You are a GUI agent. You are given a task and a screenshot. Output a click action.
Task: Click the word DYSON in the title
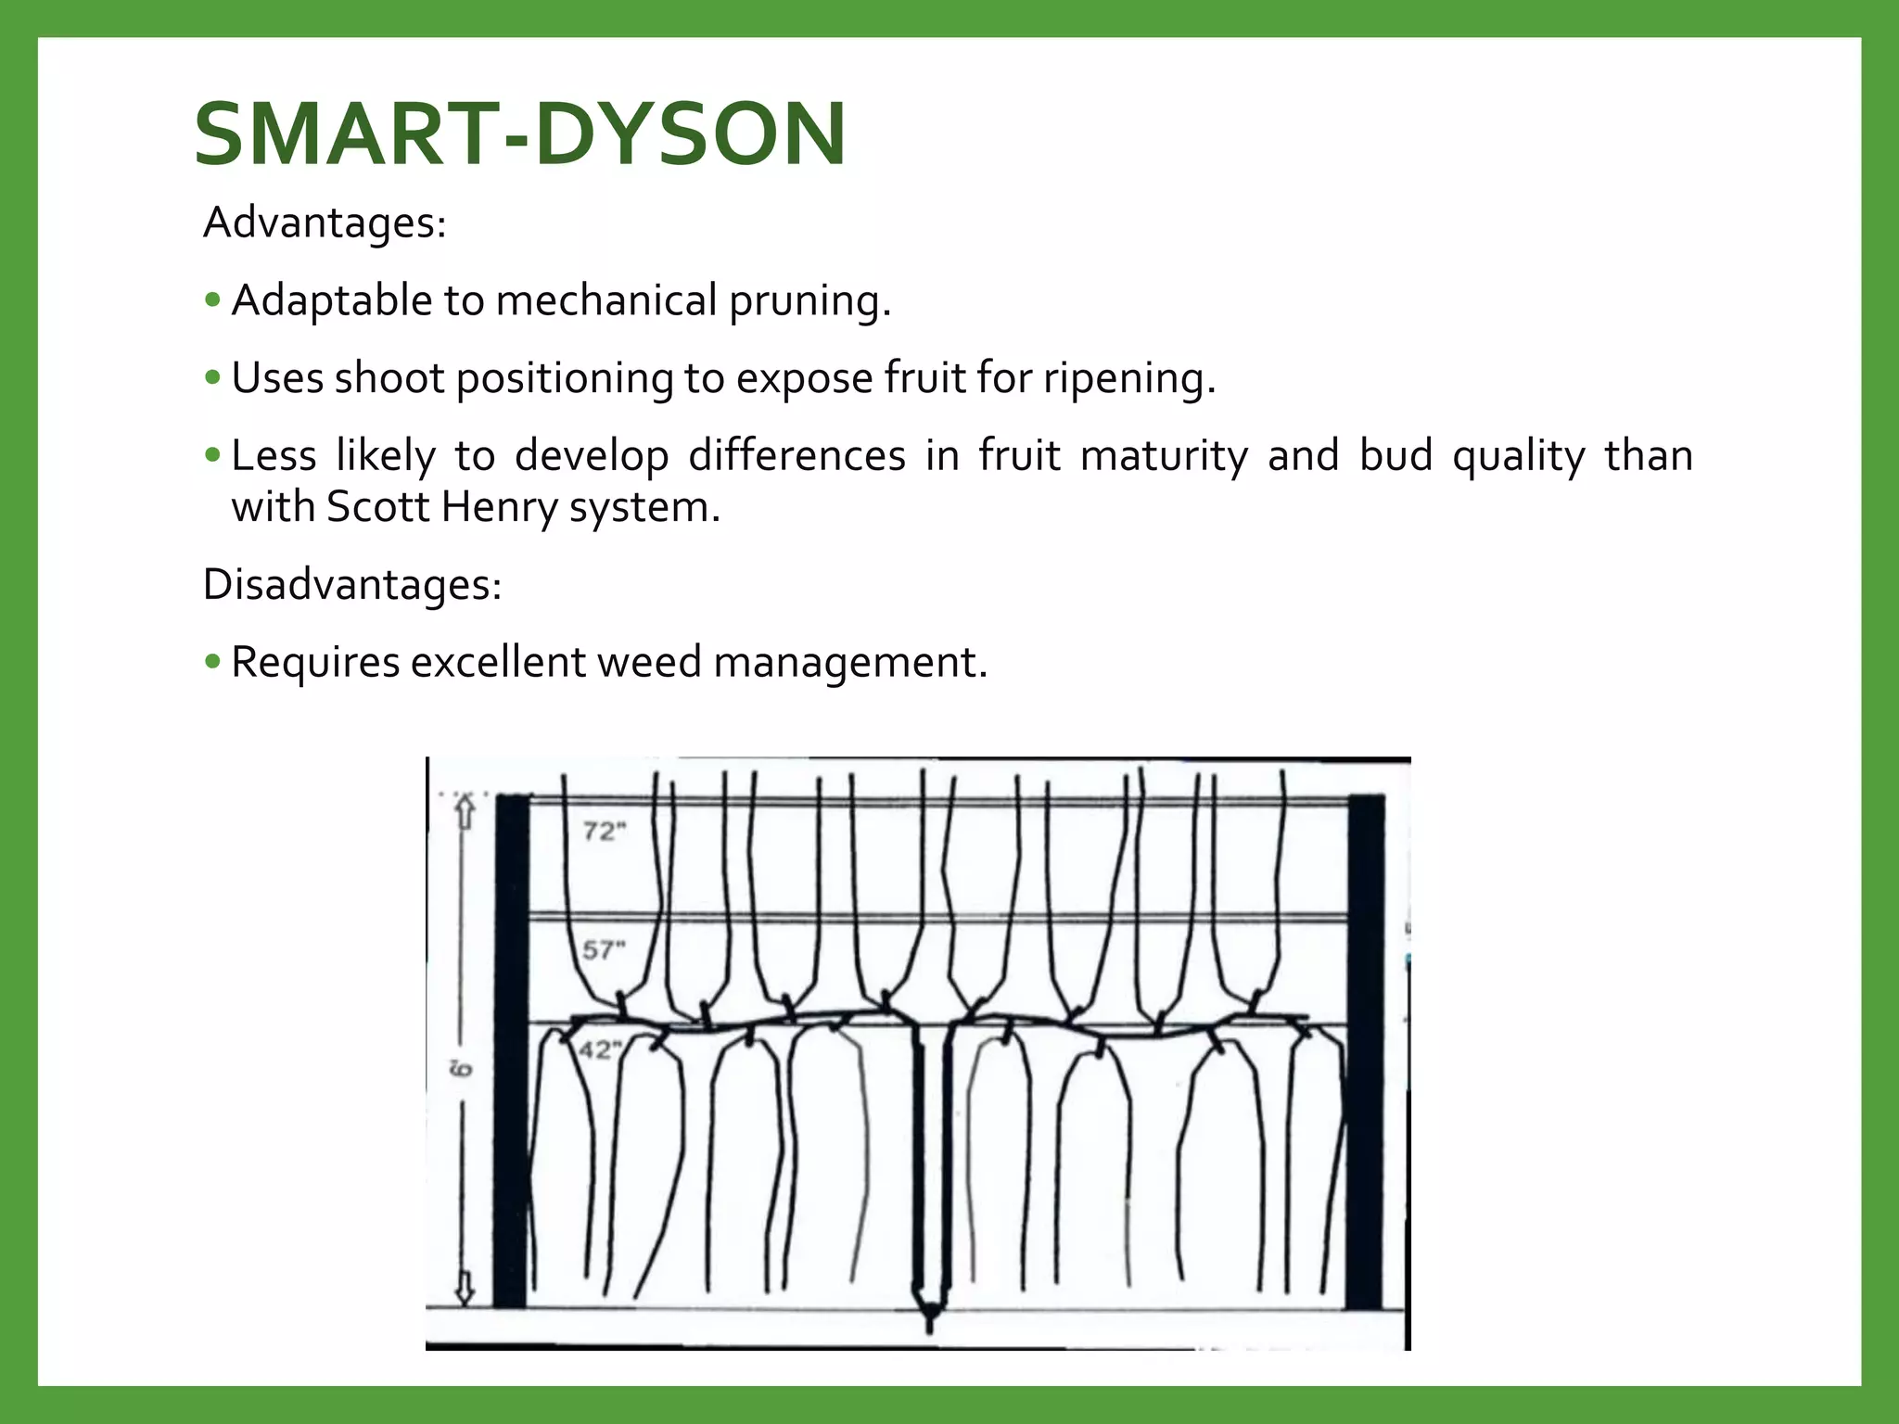point(690,135)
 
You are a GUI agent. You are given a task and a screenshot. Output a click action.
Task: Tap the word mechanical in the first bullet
point(606,300)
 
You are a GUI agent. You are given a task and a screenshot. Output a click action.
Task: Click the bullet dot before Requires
point(213,662)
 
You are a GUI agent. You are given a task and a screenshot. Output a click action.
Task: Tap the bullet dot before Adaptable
point(213,300)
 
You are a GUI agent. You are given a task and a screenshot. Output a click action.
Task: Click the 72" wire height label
point(605,832)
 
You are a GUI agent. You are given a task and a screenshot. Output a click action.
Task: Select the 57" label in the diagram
point(604,949)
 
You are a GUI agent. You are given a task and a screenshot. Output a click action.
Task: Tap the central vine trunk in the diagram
point(930,1159)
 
